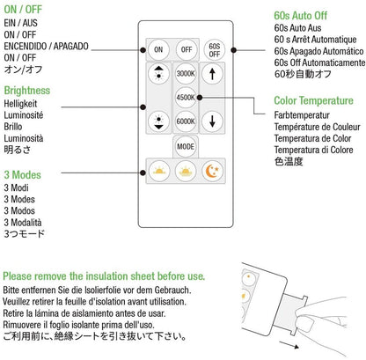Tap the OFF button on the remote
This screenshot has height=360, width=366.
click(187, 49)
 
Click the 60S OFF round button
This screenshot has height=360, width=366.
click(215, 50)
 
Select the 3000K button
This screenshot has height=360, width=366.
click(186, 73)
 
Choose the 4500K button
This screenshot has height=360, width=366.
click(186, 97)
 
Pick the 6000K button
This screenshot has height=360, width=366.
click(186, 121)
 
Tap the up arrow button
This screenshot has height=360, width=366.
click(212, 74)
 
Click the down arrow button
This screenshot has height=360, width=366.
click(212, 121)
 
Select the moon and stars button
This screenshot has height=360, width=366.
click(213, 171)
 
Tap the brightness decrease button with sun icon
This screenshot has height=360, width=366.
click(158, 121)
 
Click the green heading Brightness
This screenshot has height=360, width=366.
click(27, 91)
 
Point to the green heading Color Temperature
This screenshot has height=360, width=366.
click(313, 100)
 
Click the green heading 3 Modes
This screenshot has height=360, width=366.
click(22, 175)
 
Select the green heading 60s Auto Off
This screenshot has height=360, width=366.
click(301, 16)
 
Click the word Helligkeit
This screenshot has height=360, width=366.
click(20, 104)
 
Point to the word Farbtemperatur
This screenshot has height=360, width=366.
click(302, 115)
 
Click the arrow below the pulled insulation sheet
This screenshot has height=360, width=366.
click(289, 345)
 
